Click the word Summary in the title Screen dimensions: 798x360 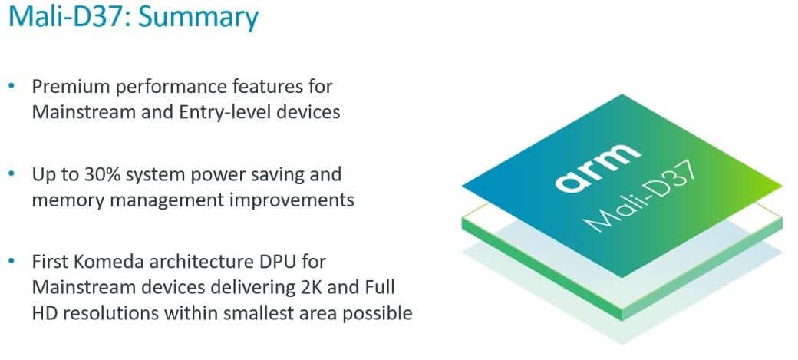pos(199,18)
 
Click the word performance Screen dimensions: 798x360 pos(173,88)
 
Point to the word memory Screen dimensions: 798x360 pos(69,200)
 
